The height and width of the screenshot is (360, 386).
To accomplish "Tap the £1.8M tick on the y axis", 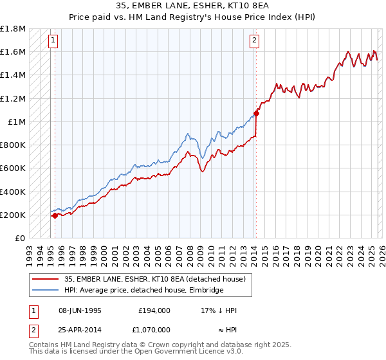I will (13, 29).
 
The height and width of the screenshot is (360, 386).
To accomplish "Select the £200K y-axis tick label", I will (13, 215).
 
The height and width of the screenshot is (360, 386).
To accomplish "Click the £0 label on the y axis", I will (20, 238).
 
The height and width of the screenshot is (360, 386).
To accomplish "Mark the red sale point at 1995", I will (55, 215).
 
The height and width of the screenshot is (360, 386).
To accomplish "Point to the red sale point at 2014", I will (256, 114).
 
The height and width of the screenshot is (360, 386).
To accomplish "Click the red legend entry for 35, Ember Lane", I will (154, 279).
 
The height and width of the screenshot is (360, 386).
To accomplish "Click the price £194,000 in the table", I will (154, 310).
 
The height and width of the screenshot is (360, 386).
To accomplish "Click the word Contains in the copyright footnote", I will (44, 345).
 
